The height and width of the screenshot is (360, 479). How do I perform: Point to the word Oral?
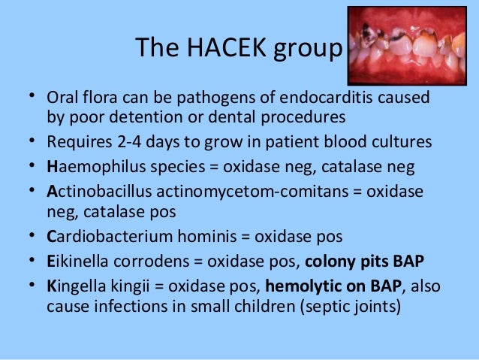(64, 99)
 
